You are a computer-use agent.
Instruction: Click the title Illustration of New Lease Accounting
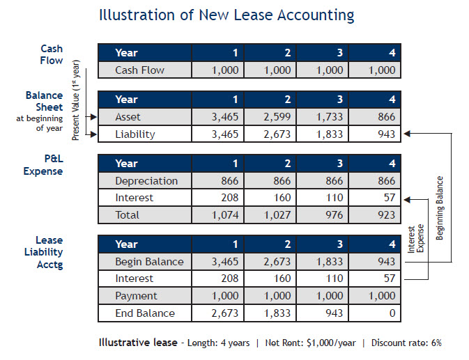click(x=226, y=15)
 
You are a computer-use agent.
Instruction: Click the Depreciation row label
click(x=146, y=181)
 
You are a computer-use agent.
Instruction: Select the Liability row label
click(x=135, y=134)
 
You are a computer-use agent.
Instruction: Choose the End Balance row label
click(x=144, y=313)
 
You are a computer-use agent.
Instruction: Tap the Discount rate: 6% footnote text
click(x=406, y=343)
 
